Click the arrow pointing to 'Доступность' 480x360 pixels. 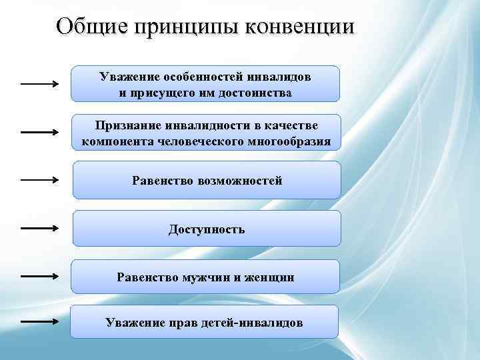tap(39, 228)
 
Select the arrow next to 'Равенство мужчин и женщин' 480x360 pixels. tap(39, 275)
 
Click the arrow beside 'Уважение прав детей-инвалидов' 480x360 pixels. tap(39, 321)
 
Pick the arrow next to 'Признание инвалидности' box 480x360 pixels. tap(39, 132)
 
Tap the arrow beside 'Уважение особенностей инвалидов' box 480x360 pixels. tap(39, 84)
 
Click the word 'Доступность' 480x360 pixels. tap(206, 229)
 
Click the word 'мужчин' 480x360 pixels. tap(204, 277)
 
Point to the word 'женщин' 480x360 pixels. tap(270, 277)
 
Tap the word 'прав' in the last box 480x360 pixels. tap(179, 323)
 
